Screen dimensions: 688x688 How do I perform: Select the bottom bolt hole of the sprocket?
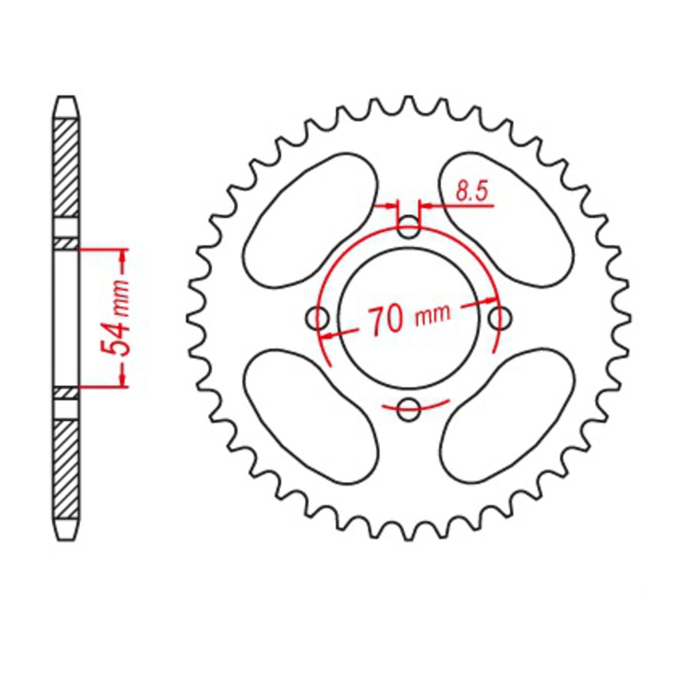tap(408, 408)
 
